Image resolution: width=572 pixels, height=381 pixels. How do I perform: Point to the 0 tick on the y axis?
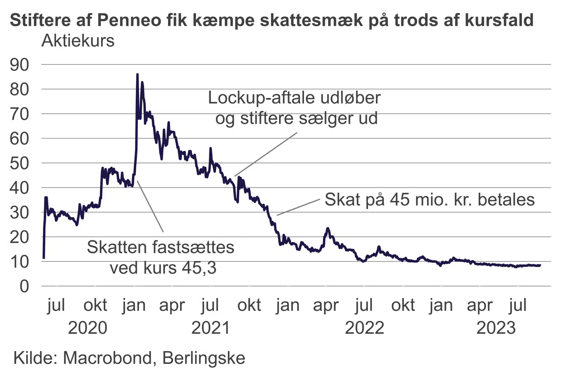[24, 286]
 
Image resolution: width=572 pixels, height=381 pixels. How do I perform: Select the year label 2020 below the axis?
[87, 328]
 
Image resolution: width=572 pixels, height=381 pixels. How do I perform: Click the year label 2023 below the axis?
[496, 328]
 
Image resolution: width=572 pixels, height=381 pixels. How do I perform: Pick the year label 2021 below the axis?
[211, 328]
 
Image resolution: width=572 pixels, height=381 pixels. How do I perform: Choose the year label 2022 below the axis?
[364, 328]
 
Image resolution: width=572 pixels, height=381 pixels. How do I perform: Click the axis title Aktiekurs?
[78, 40]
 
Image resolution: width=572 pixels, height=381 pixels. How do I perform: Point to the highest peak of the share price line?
[137, 74]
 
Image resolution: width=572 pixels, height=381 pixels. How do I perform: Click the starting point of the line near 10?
[44, 258]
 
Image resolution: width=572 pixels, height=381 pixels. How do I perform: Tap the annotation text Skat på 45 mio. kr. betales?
[429, 199]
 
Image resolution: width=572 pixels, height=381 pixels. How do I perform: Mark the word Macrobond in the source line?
[107, 358]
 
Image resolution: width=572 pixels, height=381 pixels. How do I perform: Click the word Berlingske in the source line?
[204, 358]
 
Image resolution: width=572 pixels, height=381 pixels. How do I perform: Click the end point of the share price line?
[540, 265]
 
